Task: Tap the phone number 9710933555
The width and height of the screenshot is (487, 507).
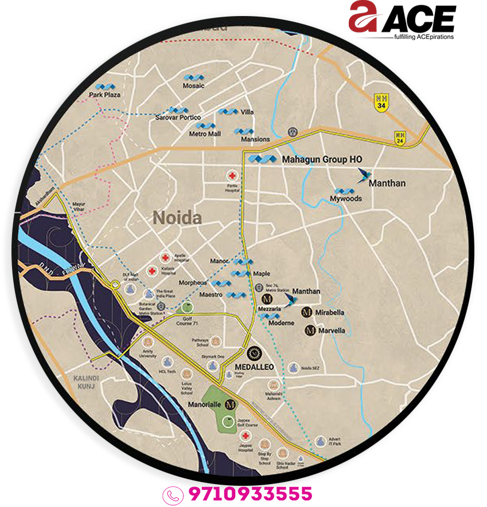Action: [250, 493]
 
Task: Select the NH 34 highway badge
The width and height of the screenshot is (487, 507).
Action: [381, 101]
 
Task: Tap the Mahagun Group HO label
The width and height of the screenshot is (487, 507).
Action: [322, 159]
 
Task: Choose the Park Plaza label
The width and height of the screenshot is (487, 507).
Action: [104, 94]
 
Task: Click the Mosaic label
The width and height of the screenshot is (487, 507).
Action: [193, 86]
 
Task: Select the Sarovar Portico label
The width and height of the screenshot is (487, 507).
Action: [178, 117]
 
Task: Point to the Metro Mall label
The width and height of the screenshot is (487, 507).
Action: [205, 133]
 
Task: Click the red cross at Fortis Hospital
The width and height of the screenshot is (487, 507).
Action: [232, 175]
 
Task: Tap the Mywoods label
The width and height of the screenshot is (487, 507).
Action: [346, 199]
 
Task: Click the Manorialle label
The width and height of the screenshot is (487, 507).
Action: [204, 404]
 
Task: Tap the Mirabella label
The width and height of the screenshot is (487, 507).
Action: [330, 312]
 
